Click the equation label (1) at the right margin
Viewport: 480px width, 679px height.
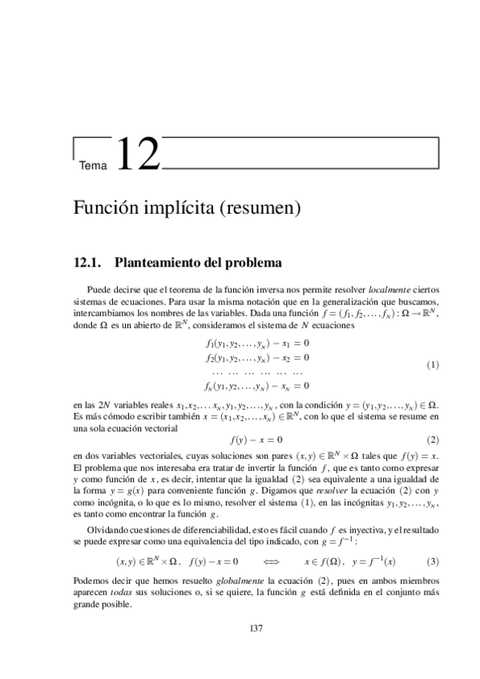[433, 364]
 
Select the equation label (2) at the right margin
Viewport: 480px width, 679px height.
[433, 440]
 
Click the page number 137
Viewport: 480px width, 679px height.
[256, 628]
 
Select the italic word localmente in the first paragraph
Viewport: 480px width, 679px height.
[366, 287]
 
